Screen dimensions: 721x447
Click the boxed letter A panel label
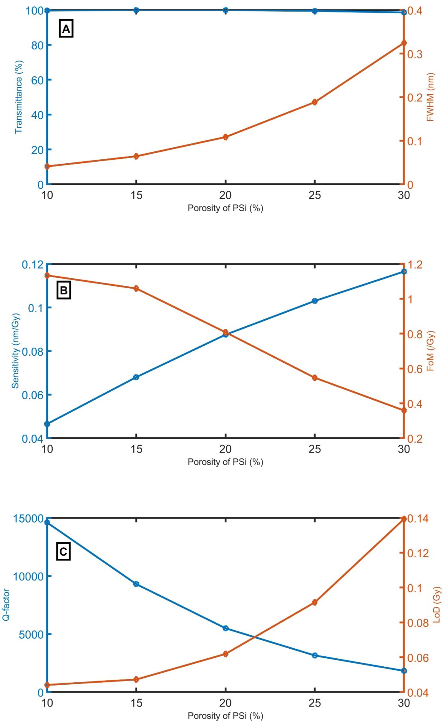66,29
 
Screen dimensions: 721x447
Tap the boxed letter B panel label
64,290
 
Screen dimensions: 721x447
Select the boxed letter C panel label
64,552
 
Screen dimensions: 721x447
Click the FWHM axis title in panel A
430,97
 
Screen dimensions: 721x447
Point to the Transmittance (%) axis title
19,97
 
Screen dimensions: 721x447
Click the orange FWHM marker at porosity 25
314,102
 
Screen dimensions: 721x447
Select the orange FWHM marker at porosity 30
404,43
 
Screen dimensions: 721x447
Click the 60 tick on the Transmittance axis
37,80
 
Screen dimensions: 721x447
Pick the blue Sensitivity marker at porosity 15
136,377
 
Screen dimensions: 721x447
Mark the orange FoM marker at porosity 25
314,378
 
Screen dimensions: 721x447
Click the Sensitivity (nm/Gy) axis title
16,351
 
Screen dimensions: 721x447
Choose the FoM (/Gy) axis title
430,351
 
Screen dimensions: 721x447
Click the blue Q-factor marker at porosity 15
136,584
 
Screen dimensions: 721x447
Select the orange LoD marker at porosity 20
225,654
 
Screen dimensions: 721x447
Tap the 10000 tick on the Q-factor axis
28,576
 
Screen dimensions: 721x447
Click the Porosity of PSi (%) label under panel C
225,716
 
